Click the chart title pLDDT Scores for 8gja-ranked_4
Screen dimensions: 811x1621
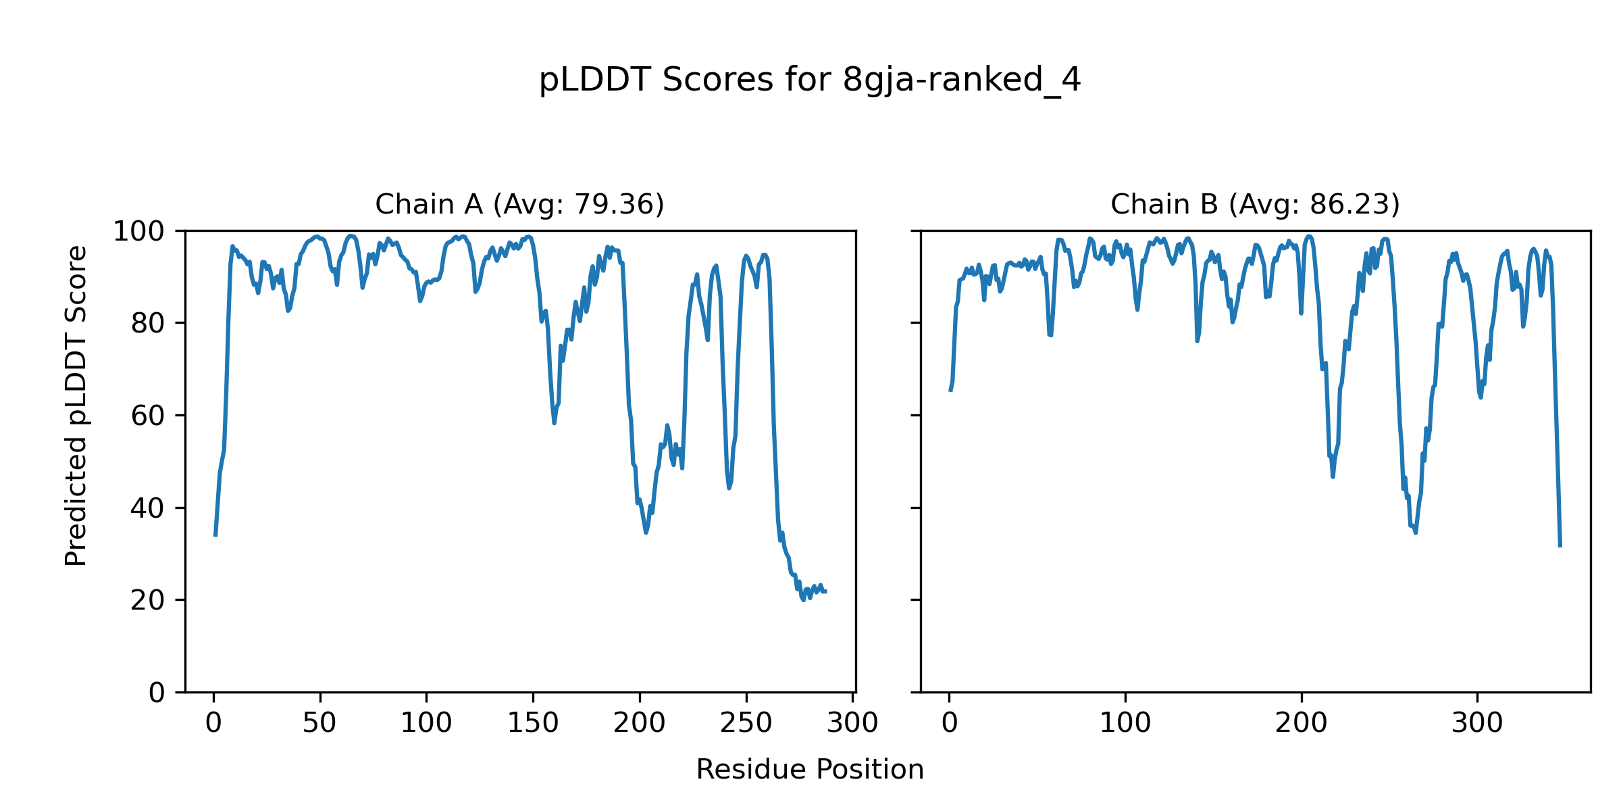[810, 80]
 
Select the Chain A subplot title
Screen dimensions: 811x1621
[519, 204]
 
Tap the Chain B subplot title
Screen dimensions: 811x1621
[1255, 204]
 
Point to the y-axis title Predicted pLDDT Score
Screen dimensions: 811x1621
[76, 405]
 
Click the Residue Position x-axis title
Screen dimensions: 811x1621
[810, 770]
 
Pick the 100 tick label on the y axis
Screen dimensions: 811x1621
[138, 232]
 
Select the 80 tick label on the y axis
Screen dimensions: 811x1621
[148, 324]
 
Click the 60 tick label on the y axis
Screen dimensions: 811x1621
[148, 416]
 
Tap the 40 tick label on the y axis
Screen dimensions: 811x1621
[148, 508]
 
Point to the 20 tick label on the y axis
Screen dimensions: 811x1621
[148, 600]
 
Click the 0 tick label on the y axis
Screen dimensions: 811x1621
[157, 693]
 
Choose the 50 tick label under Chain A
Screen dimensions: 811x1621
[319, 723]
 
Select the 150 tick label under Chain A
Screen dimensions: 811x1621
[533, 723]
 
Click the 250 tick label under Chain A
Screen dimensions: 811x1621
[746, 723]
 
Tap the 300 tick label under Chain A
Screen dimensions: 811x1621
[852, 723]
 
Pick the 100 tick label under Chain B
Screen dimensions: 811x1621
[1125, 723]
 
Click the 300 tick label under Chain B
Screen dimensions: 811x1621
[1477, 723]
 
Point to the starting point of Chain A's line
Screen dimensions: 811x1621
[215, 535]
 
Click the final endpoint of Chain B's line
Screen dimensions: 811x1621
[1560, 546]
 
